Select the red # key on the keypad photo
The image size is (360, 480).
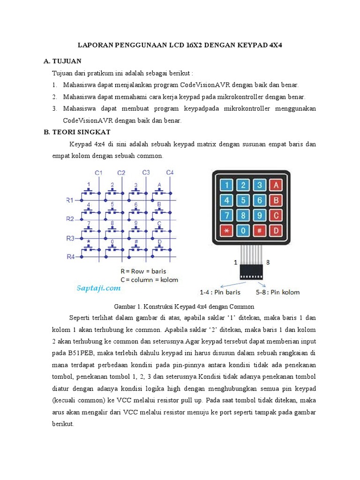259,231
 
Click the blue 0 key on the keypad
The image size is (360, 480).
243,231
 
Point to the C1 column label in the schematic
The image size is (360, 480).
98,173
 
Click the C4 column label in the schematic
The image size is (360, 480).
170,173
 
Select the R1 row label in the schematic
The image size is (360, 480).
70,200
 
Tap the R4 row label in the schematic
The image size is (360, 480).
70,256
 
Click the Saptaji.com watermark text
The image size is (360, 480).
99,288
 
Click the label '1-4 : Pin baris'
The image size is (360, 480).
220,292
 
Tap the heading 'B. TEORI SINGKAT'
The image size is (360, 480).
77,133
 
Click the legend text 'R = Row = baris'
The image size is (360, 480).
143,271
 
